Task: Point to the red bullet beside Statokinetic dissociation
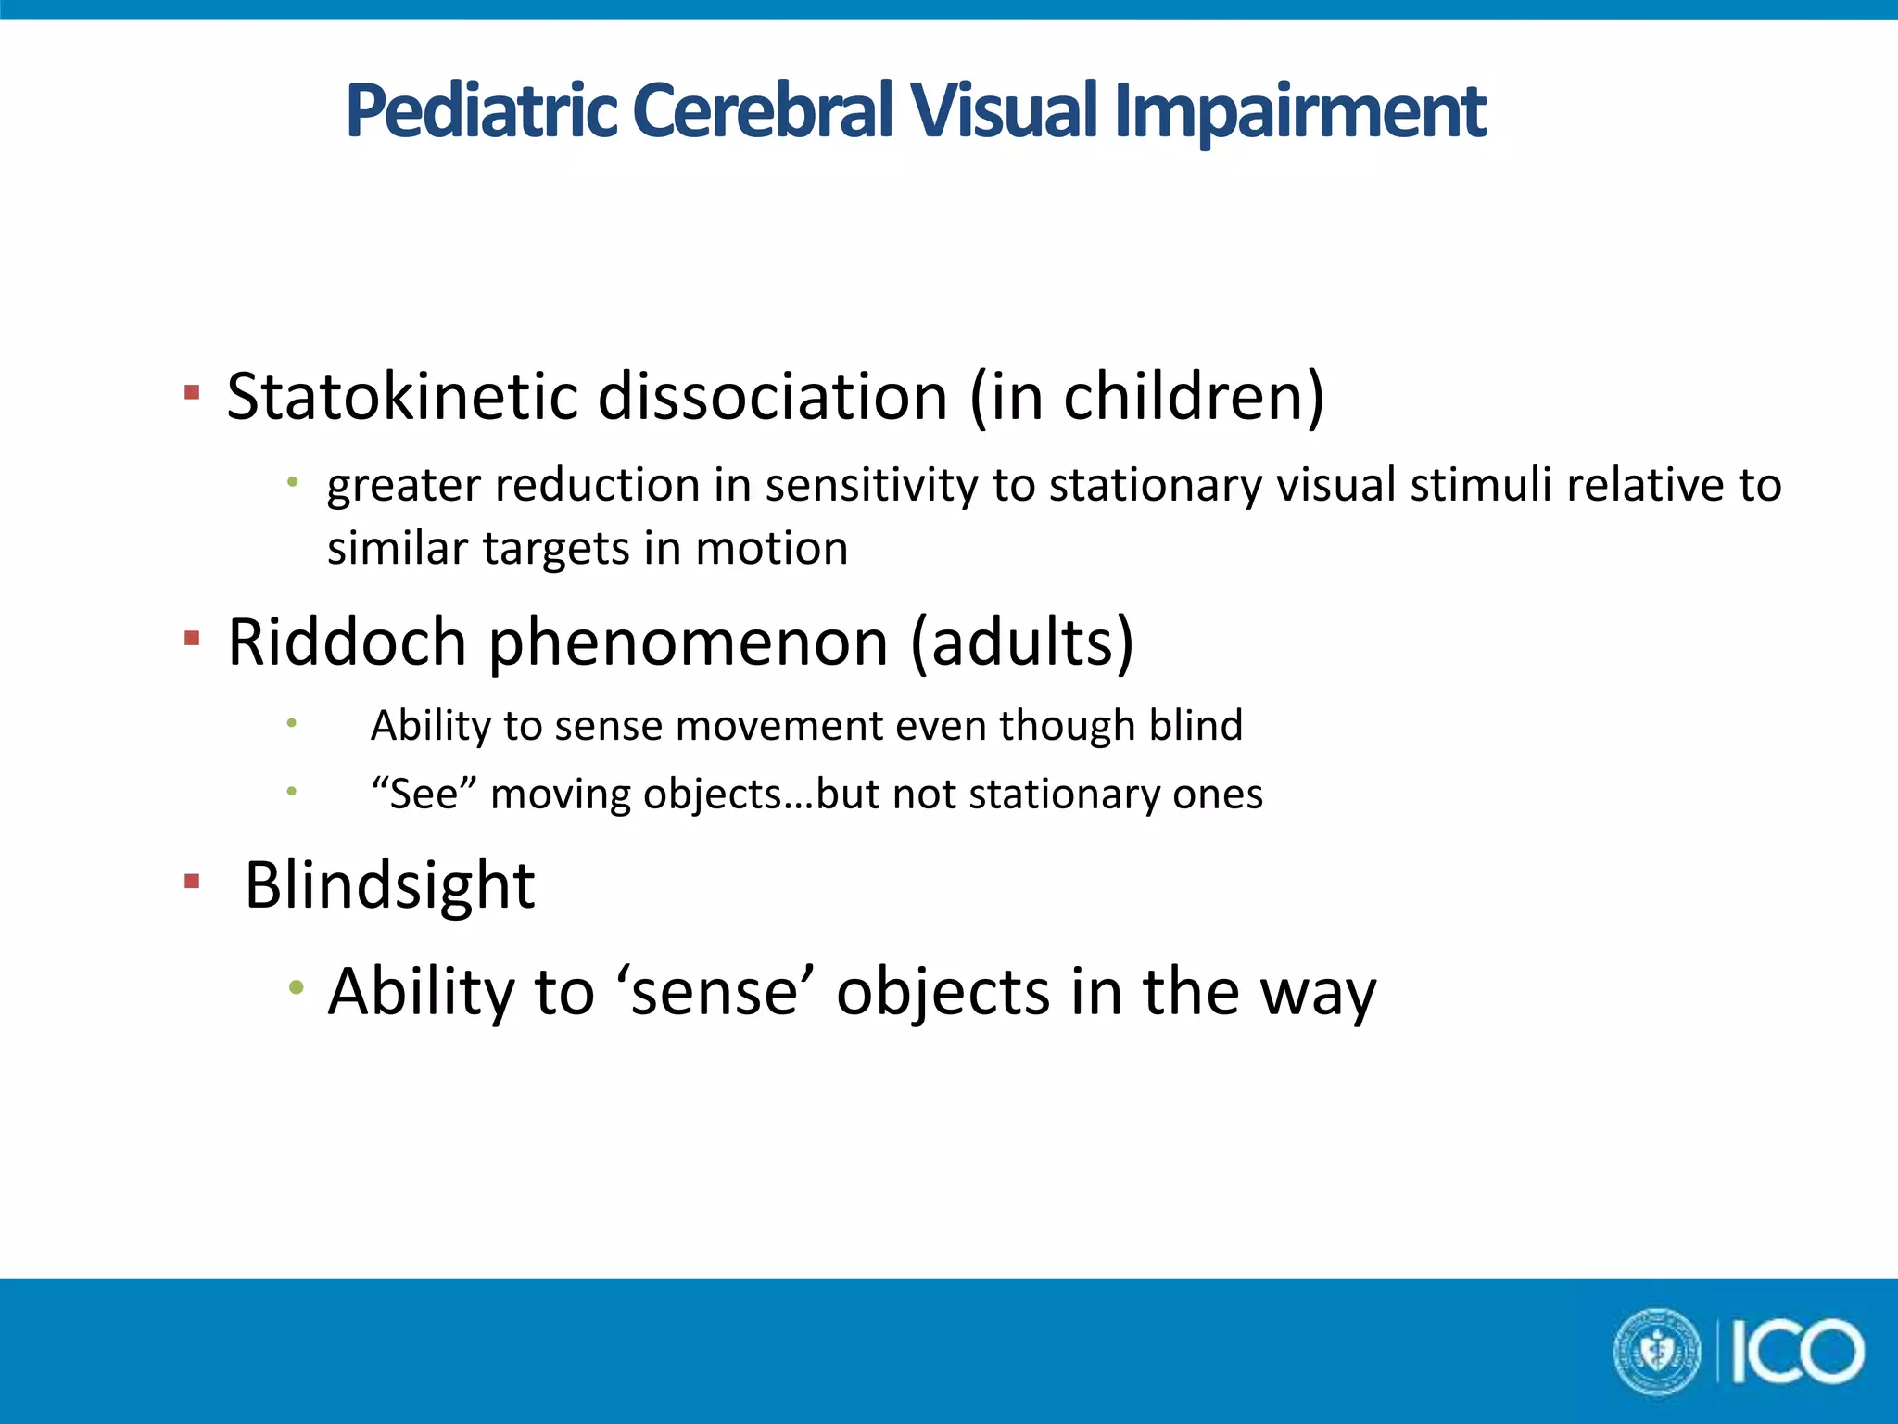[192, 393]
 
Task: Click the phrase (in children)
[1147, 397]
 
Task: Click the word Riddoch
[347, 642]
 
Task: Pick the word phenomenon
[689, 643]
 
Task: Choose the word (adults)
[1022, 642]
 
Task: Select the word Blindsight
[389, 886]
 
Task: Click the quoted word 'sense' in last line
[715, 992]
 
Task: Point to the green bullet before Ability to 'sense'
[295, 988]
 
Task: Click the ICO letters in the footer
[1797, 1353]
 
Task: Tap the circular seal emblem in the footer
[1658, 1352]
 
